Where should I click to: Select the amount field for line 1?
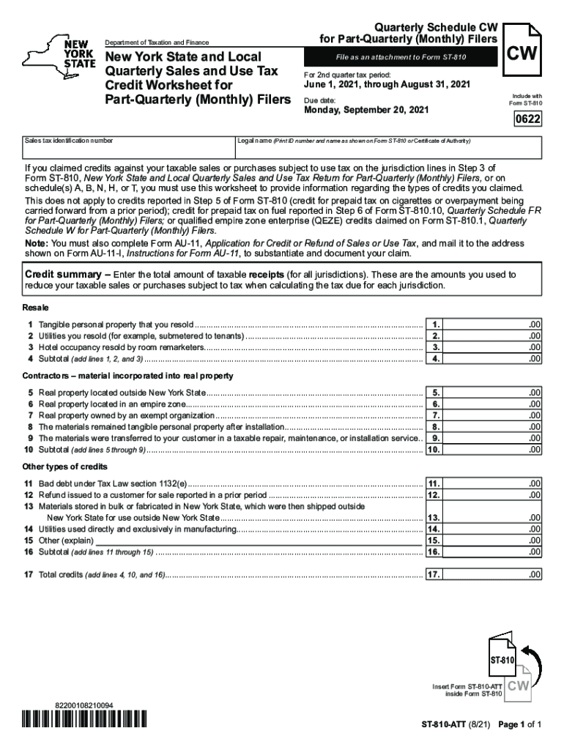[493, 324]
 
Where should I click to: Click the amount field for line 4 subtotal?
[493, 359]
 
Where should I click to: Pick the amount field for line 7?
[493, 415]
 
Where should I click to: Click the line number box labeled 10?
[434, 450]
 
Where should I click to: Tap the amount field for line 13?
[493, 517]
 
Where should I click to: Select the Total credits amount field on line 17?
[493, 575]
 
